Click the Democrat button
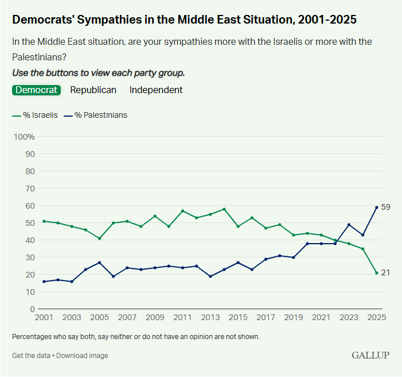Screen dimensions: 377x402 coord(36,90)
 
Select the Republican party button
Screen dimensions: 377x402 coord(93,90)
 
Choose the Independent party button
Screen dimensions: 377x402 coord(156,90)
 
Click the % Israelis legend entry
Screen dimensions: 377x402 coord(35,115)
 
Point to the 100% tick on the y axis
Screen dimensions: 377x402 coord(25,137)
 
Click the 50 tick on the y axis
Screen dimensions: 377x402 coord(30,223)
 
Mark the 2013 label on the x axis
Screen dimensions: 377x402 coord(210,317)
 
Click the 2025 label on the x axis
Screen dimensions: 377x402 coord(376,317)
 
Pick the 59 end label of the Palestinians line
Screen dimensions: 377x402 coord(386,207)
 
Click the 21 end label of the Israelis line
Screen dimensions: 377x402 coord(386,272)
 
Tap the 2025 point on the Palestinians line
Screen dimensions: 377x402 coord(377,207)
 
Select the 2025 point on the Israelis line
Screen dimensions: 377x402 coord(377,273)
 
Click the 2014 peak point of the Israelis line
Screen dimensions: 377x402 coord(224,209)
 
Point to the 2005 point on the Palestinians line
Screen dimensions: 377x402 coord(100,263)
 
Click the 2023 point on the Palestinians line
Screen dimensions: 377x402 coord(349,225)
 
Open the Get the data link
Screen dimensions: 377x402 coord(31,356)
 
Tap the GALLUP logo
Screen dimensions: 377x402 coord(370,355)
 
